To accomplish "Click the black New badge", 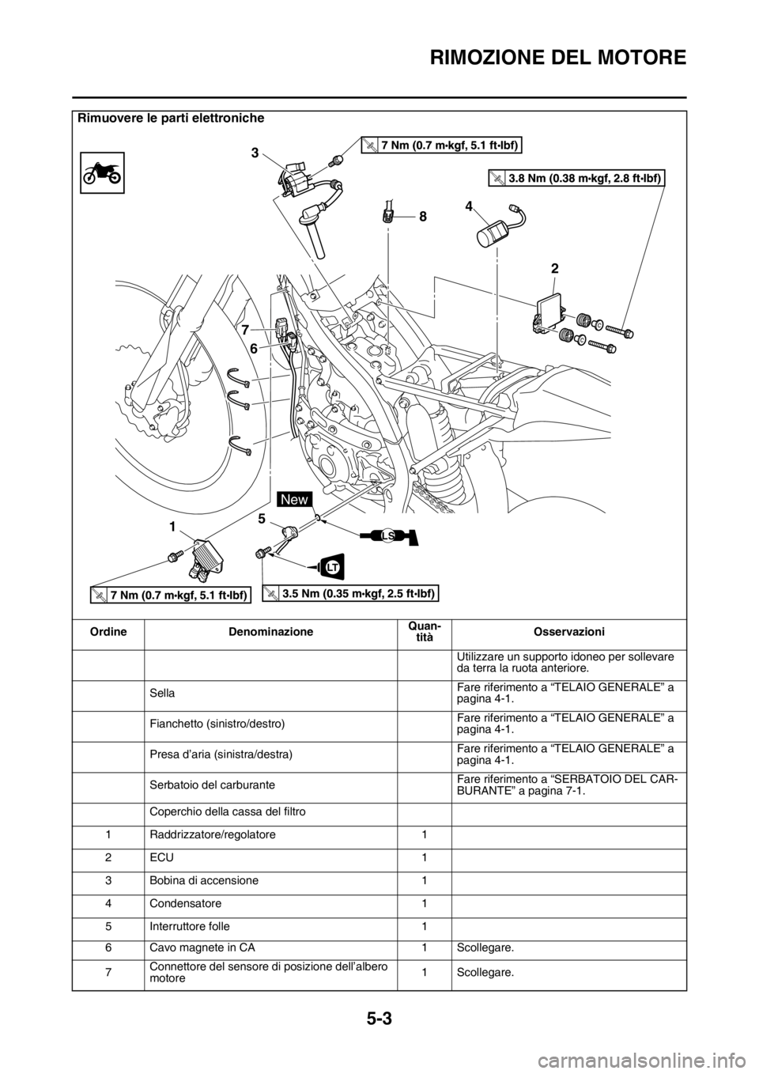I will (x=295, y=498).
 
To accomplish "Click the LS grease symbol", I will (x=387, y=536).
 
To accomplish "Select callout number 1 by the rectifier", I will (x=172, y=525).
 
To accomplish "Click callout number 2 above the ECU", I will (x=554, y=269).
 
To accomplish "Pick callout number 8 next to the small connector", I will (x=422, y=214).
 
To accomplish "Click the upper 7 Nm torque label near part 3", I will (x=443, y=143).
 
